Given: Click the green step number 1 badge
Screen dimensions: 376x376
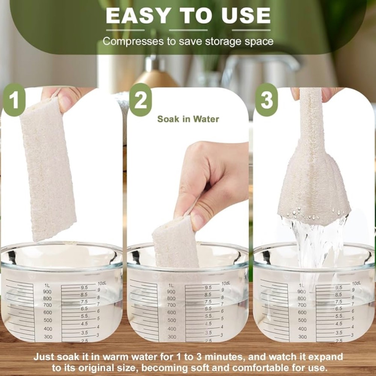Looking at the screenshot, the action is [14, 100].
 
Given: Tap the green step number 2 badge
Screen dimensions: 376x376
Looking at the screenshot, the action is [141, 100].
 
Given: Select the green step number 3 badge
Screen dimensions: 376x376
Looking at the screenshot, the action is [267, 100].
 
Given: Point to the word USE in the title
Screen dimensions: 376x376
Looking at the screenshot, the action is [246, 16].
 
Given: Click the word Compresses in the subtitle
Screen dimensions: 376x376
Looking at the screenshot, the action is [133, 41].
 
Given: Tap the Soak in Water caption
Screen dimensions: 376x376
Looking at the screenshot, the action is [188, 119].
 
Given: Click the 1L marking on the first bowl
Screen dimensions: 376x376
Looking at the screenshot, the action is [47, 285].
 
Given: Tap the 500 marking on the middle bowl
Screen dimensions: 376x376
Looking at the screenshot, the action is [172, 320].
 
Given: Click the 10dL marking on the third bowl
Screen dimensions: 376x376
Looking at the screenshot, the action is [356, 283].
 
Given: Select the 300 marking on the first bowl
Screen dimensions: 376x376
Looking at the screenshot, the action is [48, 337].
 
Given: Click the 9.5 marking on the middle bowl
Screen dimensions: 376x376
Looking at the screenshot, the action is [208, 288].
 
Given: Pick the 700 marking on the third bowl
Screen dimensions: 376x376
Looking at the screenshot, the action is [302, 305].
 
